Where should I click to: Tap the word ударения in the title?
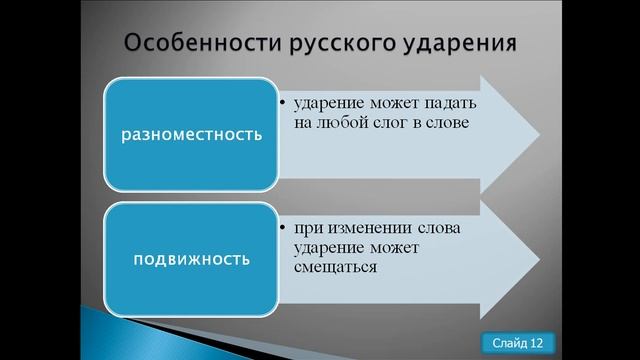click(463, 45)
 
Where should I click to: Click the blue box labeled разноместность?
click(191, 133)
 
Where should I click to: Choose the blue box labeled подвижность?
click(191, 259)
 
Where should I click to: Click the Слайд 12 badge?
click(518, 343)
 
